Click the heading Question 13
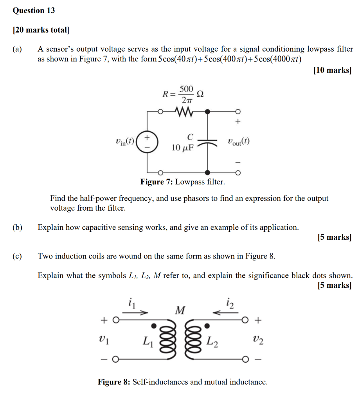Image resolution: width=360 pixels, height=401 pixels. [34, 11]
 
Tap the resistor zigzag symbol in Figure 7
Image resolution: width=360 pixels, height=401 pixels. [184, 112]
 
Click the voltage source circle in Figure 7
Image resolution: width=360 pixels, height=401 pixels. [148, 142]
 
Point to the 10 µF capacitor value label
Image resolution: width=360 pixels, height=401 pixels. [183, 148]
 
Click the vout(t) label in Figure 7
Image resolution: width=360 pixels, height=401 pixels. [238, 141]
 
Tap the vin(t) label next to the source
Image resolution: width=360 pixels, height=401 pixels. [125, 141]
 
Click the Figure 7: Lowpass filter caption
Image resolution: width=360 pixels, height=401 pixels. [183, 182]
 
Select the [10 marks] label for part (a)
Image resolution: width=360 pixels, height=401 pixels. [332, 70]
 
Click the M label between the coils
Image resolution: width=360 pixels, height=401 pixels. [180, 311]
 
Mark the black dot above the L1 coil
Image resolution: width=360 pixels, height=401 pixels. [154, 325]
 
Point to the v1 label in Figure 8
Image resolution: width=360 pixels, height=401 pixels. [104, 340]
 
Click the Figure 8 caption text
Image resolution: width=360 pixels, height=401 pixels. [183, 382]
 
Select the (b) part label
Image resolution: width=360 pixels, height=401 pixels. [17, 228]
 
